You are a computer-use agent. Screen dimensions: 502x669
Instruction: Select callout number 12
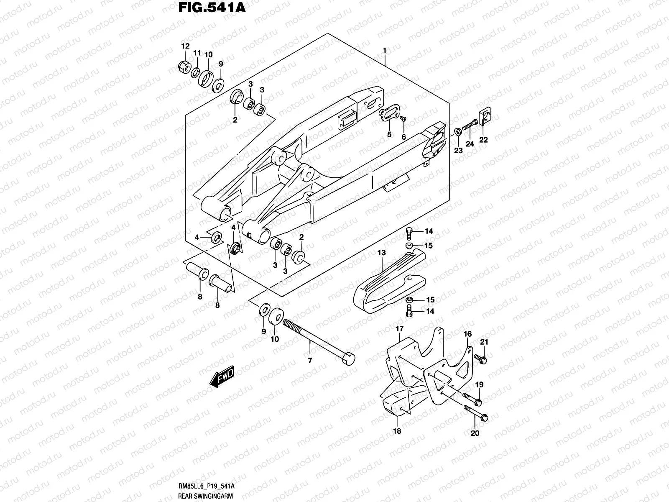(185, 46)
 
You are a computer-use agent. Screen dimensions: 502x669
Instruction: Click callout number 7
(310, 360)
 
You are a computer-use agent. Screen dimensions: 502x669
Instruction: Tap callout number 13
(382, 253)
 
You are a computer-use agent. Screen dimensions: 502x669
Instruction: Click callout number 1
(384, 51)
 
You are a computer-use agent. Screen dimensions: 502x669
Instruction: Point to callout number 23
(458, 150)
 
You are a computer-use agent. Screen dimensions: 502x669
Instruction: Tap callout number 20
(475, 433)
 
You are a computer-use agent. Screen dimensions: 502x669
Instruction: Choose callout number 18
(397, 431)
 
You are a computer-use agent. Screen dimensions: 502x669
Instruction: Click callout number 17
(400, 329)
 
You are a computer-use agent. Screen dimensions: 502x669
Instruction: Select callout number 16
(467, 334)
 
